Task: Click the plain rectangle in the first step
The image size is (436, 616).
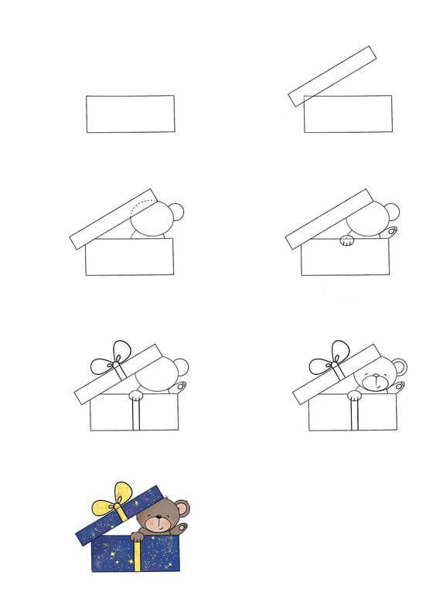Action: coord(130,114)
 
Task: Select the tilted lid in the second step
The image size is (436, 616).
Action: coord(332,76)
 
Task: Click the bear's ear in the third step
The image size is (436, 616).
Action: coord(176,213)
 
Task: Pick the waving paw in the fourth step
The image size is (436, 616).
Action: coord(392,232)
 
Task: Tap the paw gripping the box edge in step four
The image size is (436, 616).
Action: coord(347,241)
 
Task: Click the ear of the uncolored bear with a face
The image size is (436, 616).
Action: coord(398,367)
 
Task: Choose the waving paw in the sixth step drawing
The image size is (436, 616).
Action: coord(399,386)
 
